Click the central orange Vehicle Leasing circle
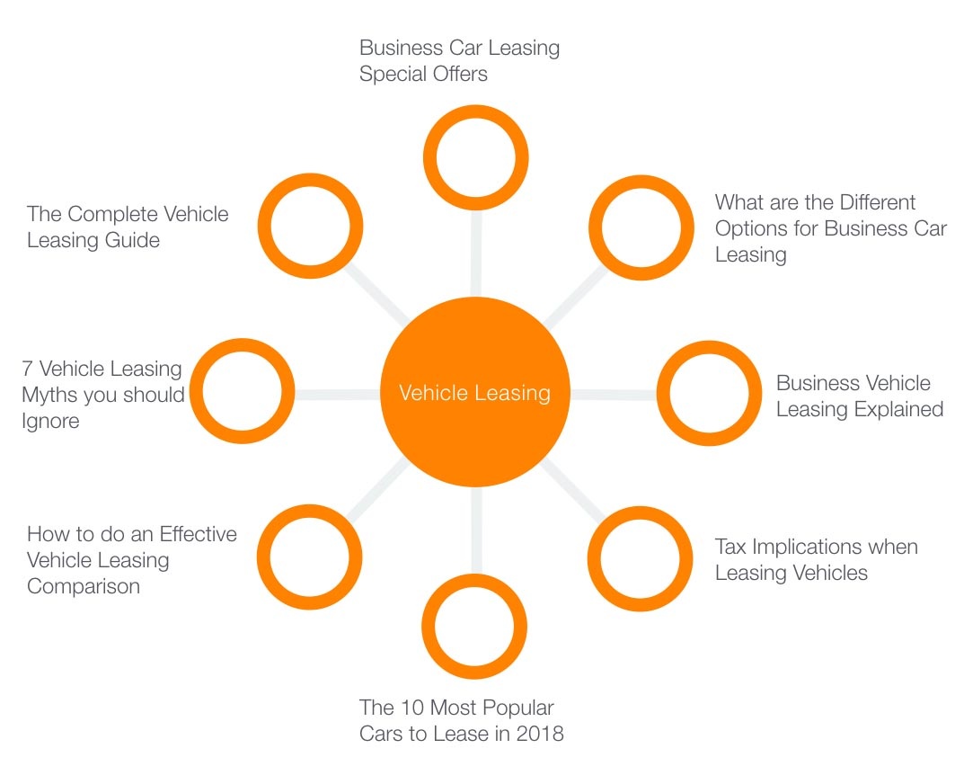click(475, 393)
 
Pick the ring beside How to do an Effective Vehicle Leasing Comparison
click(310, 557)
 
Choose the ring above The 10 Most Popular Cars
click(474, 628)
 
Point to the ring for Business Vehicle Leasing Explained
click(709, 393)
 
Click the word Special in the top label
click(396, 74)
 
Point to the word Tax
click(731, 547)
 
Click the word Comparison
click(84, 586)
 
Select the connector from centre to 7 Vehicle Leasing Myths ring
click(337, 394)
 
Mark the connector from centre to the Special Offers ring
click(475, 253)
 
